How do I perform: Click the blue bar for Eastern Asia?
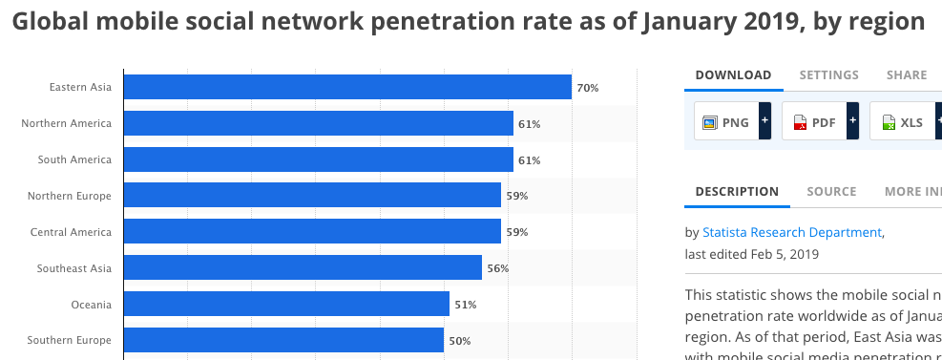pos(347,87)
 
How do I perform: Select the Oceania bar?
pos(286,304)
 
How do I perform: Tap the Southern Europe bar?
pos(283,340)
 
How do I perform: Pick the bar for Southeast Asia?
pos(303,268)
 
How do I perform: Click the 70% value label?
pos(587,88)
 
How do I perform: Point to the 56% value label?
pos(497,268)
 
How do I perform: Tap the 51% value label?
pos(465,305)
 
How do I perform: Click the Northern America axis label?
pos(66,123)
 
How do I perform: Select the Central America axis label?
pos(71,232)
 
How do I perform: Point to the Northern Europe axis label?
pos(69,196)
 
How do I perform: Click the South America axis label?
pos(74,159)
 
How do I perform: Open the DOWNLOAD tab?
pos(733,74)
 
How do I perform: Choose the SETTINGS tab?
pos(828,74)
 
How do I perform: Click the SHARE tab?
pos(906,74)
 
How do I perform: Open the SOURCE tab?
pos(830,191)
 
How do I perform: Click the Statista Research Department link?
pos(791,232)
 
